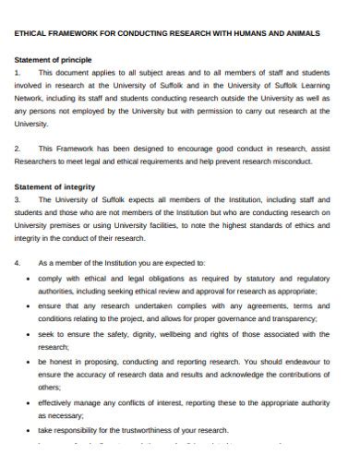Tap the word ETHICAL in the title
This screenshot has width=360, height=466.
point(35,32)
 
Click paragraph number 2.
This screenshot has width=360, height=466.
point(17,147)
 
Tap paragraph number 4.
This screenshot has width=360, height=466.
point(17,262)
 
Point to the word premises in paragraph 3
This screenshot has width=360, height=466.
point(68,223)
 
